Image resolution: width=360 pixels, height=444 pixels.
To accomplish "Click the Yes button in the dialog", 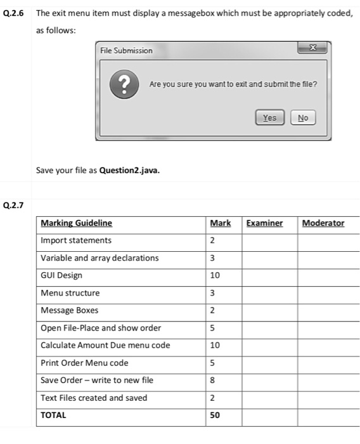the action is (x=269, y=117).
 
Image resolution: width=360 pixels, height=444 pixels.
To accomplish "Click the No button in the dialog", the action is (x=302, y=117).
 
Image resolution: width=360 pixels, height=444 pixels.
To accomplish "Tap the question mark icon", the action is (x=126, y=84).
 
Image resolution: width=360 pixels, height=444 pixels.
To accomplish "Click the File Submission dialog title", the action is (x=126, y=50).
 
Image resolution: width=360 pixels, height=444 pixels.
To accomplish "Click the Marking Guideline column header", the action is (x=76, y=223).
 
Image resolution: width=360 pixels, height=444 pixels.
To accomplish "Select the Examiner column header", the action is (x=264, y=223).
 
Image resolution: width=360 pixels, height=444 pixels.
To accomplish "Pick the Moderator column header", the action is (x=323, y=223).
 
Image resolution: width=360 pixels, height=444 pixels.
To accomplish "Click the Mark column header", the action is (x=220, y=223).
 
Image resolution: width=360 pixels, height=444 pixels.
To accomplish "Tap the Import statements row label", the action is (x=75, y=240).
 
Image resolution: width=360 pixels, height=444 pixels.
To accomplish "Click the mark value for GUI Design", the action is (x=215, y=275).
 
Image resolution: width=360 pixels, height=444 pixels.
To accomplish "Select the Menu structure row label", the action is (x=70, y=293).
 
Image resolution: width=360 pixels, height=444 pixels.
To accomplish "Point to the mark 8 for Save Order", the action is (x=212, y=381).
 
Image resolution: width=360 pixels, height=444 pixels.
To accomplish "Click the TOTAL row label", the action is (x=53, y=415).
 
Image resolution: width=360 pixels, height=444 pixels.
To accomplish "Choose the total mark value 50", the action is (x=215, y=415).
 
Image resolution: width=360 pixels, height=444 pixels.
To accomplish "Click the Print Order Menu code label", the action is (x=84, y=363).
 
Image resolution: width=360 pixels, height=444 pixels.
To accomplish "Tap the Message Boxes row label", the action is (x=69, y=310).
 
